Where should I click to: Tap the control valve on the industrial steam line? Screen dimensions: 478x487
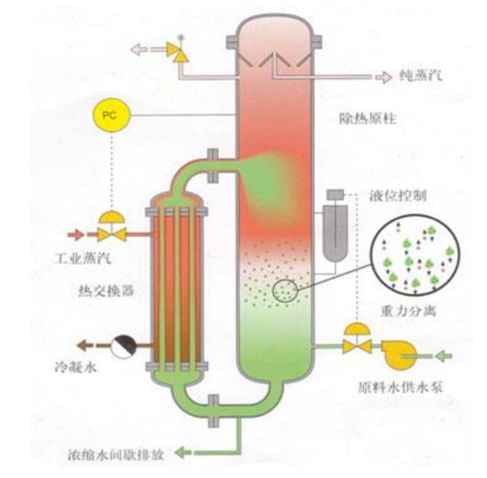[112, 231]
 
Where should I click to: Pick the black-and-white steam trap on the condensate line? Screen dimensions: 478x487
[124, 345]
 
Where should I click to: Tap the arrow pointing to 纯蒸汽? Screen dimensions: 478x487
[382, 75]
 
